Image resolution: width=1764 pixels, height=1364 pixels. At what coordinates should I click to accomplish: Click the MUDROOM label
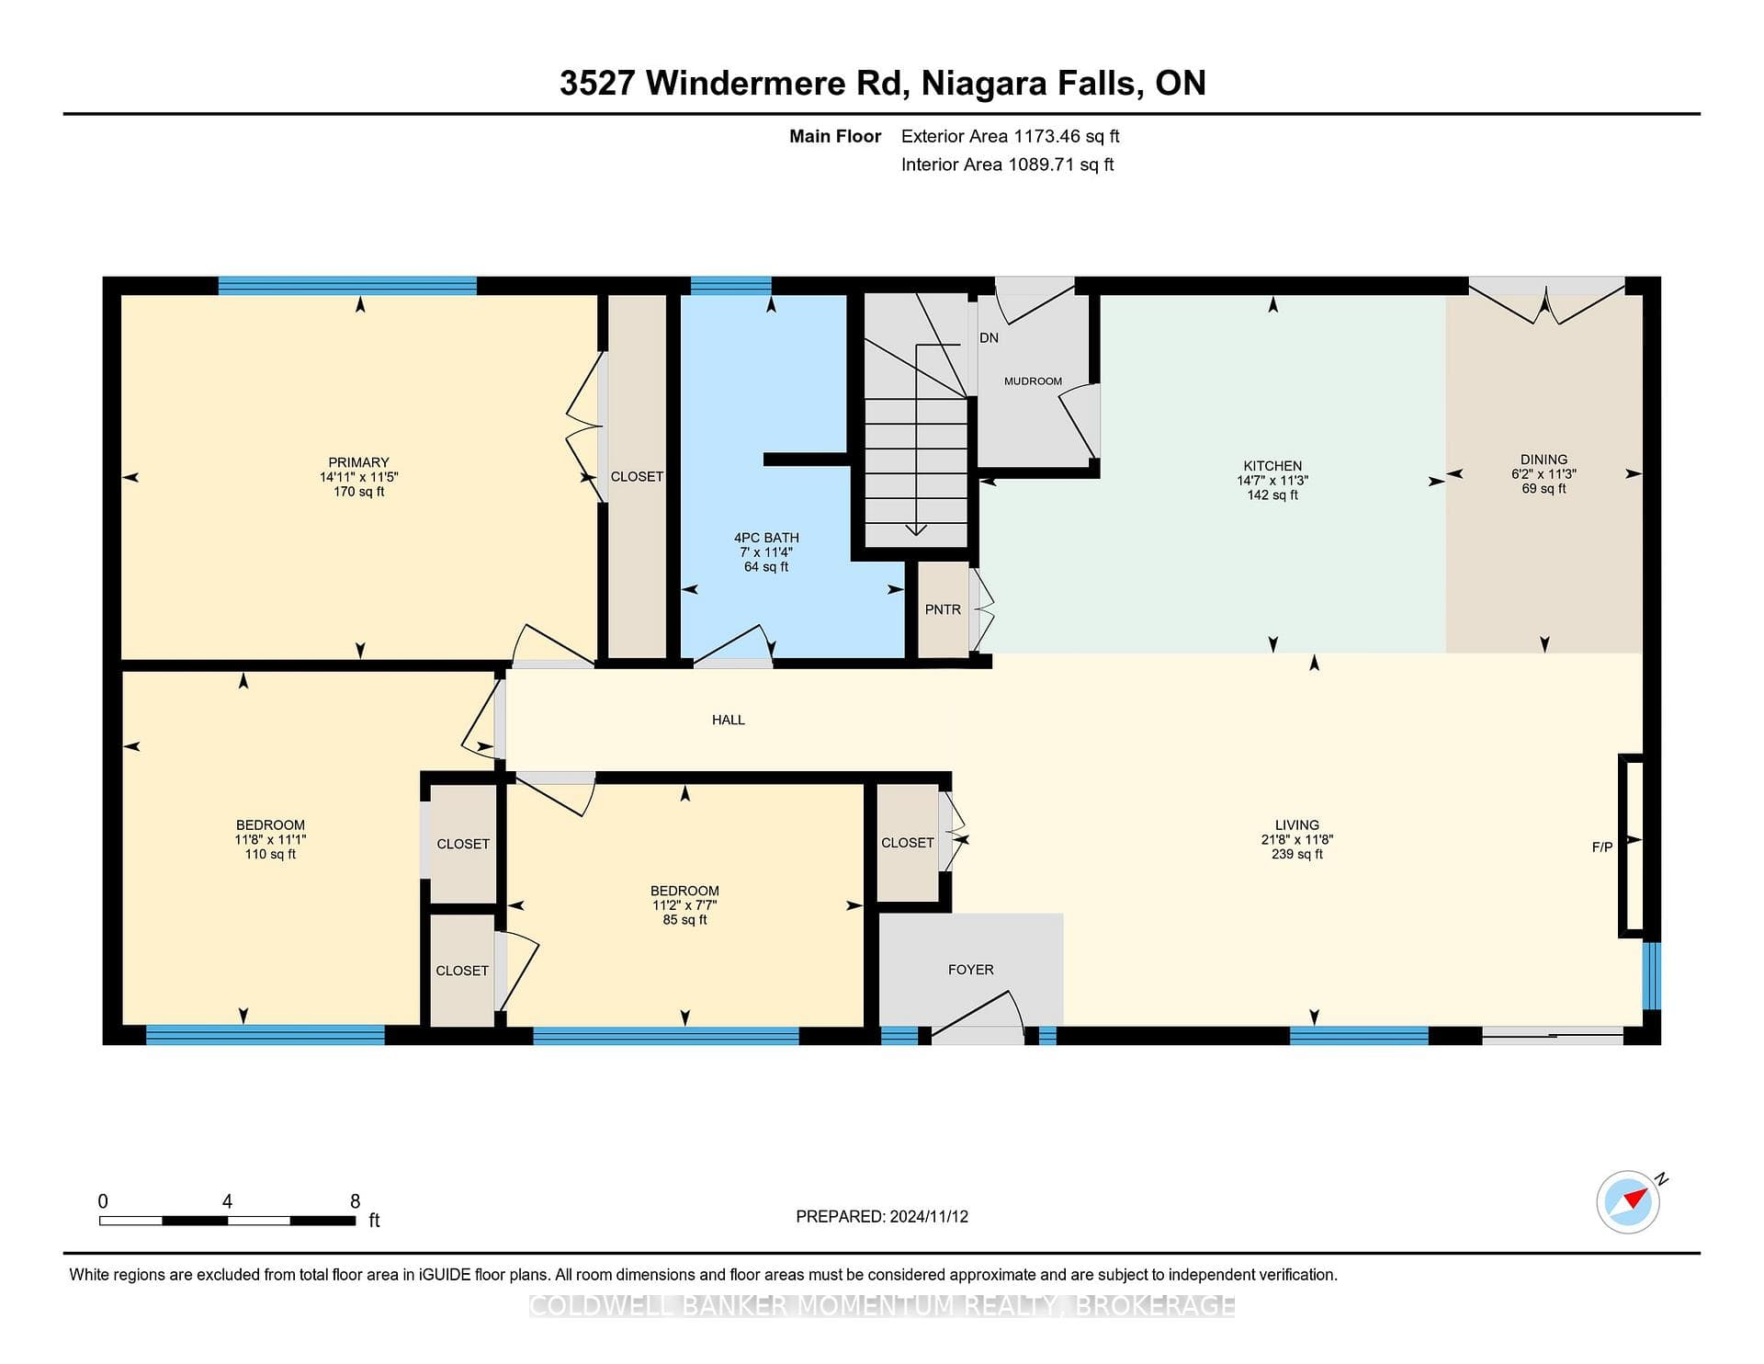[x=1033, y=381]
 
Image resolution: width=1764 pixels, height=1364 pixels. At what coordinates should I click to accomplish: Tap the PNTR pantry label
[x=943, y=609]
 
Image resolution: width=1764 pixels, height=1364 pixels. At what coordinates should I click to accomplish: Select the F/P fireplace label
[x=1602, y=847]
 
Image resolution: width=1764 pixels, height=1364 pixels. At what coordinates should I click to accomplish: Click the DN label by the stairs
[x=989, y=337]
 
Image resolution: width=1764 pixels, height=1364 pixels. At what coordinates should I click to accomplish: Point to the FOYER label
[x=971, y=970]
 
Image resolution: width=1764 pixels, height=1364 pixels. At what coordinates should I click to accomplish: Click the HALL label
[x=729, y=720]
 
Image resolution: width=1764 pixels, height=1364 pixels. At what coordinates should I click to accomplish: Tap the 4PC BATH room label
[x=766, y=538]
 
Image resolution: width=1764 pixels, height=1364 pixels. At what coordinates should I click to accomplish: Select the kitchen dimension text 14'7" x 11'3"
[x=1272, y=481]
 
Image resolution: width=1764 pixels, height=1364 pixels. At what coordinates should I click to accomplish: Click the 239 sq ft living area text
[x=1296, y=854]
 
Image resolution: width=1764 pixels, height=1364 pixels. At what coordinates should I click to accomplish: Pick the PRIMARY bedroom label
[x=359, y=462]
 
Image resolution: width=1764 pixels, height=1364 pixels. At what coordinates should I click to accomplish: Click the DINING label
[x=1543, y=460]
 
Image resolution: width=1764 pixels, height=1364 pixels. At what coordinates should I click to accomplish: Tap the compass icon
[x=1629, y=1201]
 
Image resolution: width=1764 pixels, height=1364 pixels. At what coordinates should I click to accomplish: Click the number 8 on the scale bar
[x=356, y=1201]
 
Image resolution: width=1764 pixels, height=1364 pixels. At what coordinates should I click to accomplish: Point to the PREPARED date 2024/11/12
[x=929, y=1216]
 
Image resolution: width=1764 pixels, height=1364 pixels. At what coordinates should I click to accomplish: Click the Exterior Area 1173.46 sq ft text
[x=1011, y=136]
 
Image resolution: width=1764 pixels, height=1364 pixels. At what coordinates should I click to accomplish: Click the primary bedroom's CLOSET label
[x=637, y=476]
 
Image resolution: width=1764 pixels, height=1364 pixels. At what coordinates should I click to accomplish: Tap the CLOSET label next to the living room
[x=908, y=843]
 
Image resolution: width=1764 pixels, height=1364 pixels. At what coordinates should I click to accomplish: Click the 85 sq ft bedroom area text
[x=684, y=920]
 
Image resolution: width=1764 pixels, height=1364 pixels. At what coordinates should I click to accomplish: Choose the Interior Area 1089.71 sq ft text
[x=1008, y=165]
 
